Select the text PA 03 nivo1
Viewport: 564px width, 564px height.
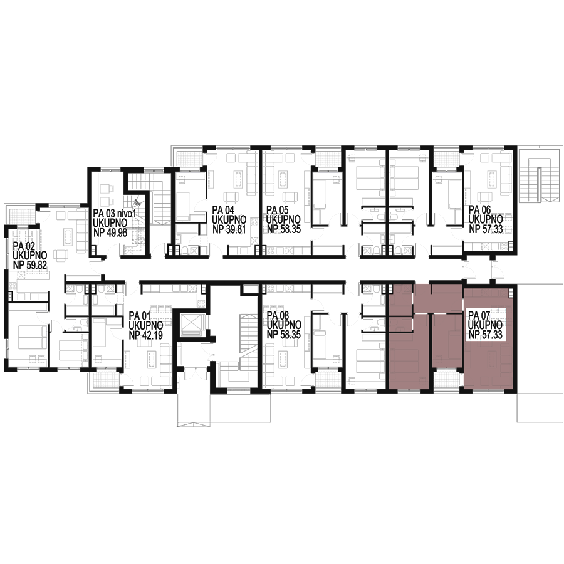115,214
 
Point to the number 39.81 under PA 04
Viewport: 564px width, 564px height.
234,229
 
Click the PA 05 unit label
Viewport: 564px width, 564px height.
278,210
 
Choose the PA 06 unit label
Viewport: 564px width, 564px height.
479,210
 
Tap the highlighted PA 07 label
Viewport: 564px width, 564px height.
479,315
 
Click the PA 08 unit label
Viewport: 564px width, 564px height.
278,316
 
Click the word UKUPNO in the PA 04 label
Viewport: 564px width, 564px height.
229,219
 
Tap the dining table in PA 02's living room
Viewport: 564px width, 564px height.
68,235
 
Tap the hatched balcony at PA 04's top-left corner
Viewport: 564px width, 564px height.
189,157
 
